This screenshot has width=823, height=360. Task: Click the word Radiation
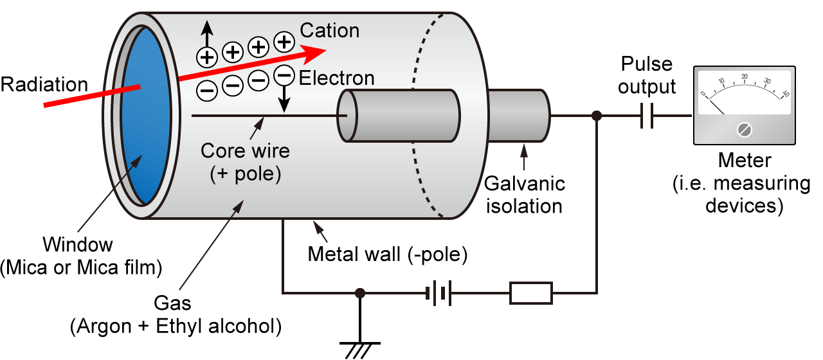point(44,84)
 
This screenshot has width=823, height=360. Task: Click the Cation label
point(330,30)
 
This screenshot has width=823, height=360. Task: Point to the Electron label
point(337,78)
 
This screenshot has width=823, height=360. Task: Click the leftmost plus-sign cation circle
point(206,57)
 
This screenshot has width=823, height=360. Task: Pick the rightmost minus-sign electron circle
point(284,75)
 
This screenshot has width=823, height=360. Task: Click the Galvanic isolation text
point(524,195)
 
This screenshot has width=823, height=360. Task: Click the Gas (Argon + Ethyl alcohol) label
point(176,314)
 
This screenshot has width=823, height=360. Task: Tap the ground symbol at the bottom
point(360,348)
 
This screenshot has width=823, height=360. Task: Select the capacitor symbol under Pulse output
point(647,116)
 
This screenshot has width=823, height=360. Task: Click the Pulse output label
point(647,75)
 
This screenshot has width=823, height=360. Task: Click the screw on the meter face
point(745,130)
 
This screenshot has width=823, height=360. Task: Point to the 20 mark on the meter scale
point(745,77)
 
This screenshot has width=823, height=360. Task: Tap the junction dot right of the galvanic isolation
point(597,116)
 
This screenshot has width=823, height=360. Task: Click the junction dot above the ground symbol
point(360,293)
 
